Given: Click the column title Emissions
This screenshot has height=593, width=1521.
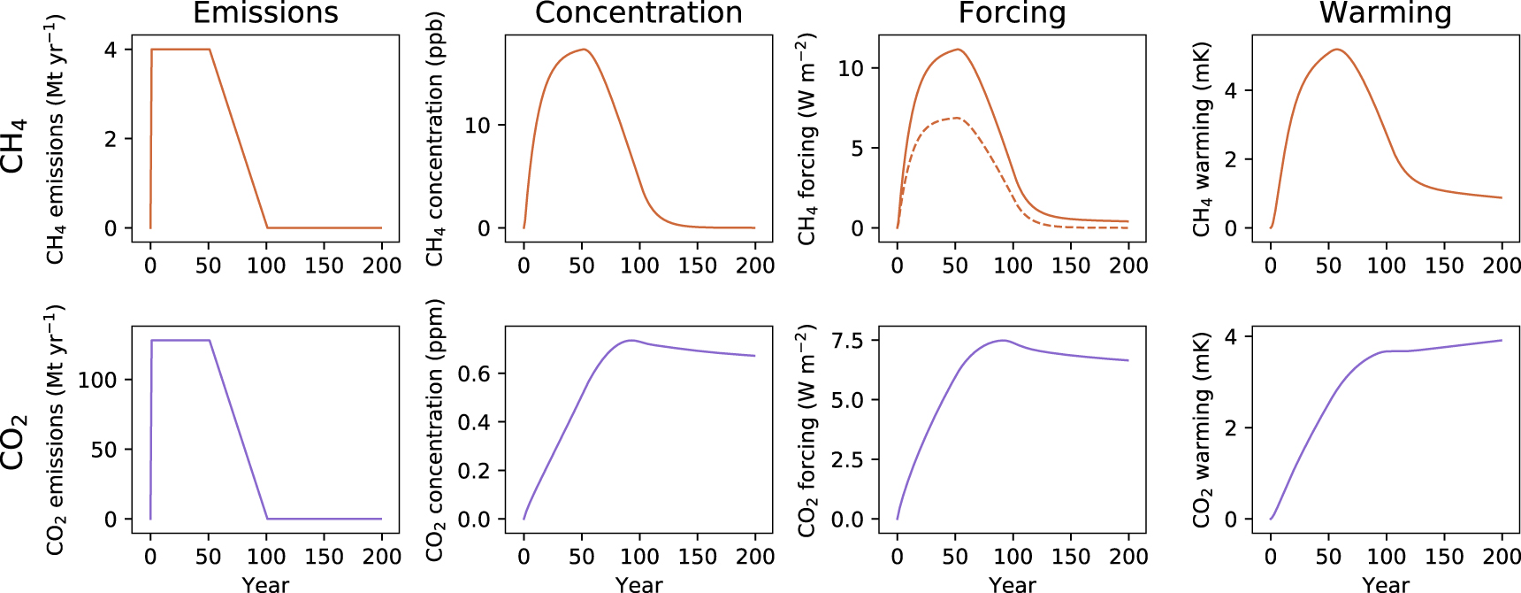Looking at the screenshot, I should click(x=265, y=13).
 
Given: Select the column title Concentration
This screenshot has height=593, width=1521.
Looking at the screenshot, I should click(x=638, y=13).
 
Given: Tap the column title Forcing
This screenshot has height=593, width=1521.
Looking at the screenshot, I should click(x=1012, y=13).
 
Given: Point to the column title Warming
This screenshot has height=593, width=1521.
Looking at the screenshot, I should click(x=1385, y=13).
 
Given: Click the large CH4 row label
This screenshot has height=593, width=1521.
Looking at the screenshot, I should click(x=15, y=145).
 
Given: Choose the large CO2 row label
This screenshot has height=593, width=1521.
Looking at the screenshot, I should click(x=15, y=440).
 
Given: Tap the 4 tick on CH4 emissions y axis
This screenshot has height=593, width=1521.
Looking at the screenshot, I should click(x=111, y=50).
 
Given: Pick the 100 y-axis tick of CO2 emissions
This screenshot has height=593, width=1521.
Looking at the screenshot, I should click(x=97, y=380).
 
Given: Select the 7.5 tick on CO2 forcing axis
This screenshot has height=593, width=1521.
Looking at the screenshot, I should click(x=847, y=341).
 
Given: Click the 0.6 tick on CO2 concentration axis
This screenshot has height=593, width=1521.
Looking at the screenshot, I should click(x=474, y=374).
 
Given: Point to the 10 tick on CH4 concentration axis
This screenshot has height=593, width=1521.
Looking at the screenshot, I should click(x=478, y=126).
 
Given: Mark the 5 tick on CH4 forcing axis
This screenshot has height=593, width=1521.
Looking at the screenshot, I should click(x=857, y=149).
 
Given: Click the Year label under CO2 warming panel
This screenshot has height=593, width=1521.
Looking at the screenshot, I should click(x=1385, y=584).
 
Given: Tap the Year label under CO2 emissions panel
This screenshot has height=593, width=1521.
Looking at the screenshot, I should click(x=265, y=584).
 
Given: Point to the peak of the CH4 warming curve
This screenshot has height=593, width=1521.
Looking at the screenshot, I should click(x=1337, y=50).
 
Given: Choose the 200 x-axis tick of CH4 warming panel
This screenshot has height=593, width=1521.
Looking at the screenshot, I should click(x=1501, y=266).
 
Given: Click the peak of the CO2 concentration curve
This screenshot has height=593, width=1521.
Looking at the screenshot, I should click(x=631, y=340).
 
